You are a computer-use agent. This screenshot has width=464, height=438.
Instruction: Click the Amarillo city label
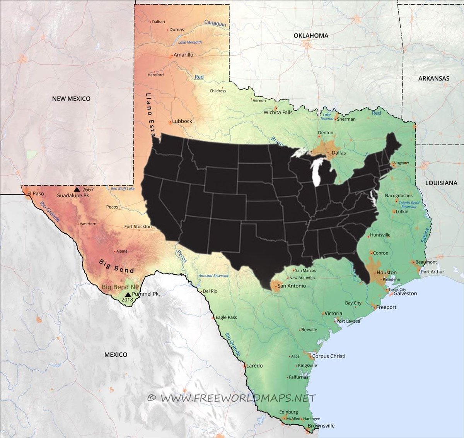click(183, 55)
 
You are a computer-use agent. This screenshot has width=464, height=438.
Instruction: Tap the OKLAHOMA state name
click(311, 36)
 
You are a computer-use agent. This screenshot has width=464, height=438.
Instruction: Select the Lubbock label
click(182, 121)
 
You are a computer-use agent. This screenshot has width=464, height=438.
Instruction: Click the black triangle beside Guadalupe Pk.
click(77, 189)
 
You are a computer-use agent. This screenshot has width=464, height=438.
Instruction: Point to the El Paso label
click(35, 193)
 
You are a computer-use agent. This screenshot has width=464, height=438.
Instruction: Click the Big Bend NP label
click(120, 287)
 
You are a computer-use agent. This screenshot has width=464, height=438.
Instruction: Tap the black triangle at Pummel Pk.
click(128, 294)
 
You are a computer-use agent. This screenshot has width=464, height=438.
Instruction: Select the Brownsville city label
click(321, 426)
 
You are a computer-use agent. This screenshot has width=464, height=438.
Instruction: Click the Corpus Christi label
click(329, 356)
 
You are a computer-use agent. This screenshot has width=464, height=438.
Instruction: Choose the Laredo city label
click(254, 366)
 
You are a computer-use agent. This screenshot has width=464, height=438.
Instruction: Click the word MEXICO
click(116, 354)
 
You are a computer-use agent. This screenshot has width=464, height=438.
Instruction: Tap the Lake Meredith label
click(190, 42)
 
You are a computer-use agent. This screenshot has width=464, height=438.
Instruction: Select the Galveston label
click(405, 293)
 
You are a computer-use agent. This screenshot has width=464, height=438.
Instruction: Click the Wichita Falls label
click(278, 113)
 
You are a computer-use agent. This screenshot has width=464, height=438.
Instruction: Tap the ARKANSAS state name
click(433, 79)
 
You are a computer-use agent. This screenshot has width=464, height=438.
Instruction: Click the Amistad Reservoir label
click(213, 275)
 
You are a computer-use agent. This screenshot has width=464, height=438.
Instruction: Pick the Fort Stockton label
click(138, 227)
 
